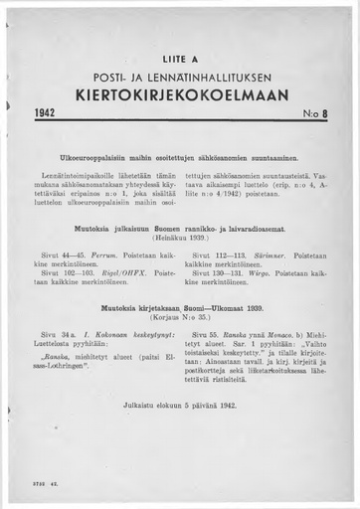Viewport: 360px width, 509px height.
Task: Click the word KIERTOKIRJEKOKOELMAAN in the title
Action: [179, 95]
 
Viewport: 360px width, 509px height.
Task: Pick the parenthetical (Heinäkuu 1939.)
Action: [179, 240]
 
